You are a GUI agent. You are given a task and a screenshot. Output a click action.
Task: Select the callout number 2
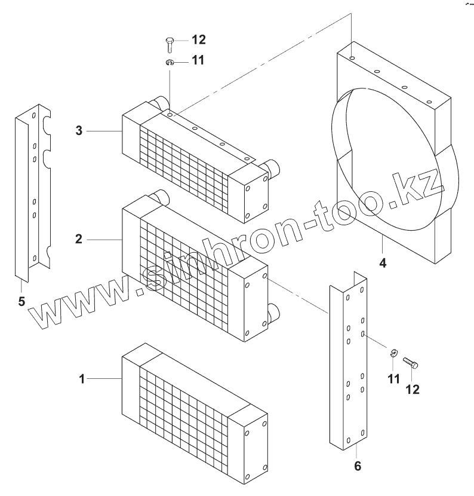(x=79, y=239)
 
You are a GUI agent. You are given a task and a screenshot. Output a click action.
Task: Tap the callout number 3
(x=79, y=130)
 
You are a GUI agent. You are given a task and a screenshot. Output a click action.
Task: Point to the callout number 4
(x=383, y=262)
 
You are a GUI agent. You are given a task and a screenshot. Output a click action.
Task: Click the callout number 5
(x=21, y=301)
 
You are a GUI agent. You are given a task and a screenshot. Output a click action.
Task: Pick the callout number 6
(x=357, y=466)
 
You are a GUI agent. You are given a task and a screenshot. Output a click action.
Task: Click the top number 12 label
(x=198, y=40)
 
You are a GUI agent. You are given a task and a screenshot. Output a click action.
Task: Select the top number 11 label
(x=198, y=61)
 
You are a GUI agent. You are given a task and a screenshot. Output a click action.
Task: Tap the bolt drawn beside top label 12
(x=169, y=44)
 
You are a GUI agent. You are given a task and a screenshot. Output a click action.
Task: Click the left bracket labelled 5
(x=33, y=191)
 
